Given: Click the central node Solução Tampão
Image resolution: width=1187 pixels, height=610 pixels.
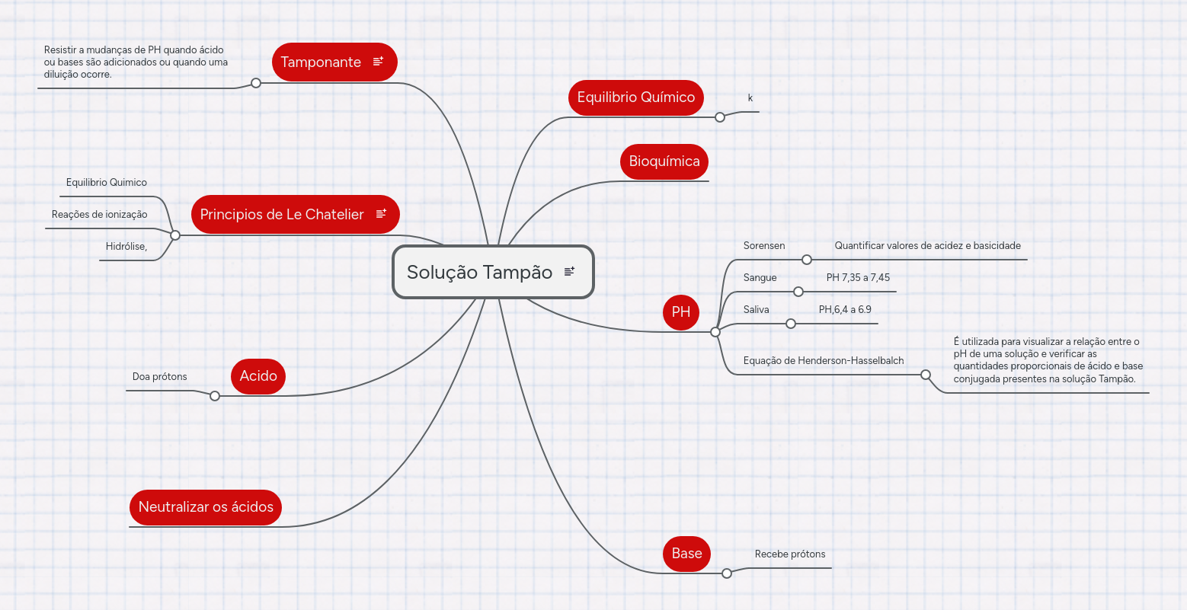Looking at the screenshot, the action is [493, 272].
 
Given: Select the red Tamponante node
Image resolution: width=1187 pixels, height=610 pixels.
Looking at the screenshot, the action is [334, 62].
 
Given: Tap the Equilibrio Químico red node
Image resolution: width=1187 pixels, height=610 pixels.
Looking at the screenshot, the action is [636, 97].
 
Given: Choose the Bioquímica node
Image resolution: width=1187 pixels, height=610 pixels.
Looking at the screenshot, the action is [664, 161].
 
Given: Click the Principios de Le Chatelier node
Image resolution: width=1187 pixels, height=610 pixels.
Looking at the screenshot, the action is [295, 214].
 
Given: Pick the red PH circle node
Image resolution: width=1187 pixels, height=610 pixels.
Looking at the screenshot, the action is [681, 312].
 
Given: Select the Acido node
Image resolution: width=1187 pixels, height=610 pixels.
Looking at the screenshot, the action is [258, 376].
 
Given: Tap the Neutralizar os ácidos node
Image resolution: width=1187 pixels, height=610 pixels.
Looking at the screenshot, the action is [206, 507].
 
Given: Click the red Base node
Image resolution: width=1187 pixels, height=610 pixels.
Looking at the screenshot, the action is [686, 554].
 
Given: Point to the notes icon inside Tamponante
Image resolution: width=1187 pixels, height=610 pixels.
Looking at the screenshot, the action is [378, 62].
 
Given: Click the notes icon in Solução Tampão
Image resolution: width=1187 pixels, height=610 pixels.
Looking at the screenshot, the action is [569, 271].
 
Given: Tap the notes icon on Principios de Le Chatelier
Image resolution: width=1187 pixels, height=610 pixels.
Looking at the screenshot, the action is [381, 213].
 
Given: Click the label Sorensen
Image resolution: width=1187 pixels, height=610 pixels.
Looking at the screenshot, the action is [764, 246].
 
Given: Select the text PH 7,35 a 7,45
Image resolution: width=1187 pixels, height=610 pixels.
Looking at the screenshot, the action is [858, 277].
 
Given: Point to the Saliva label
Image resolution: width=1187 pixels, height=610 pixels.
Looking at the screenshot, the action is [757, 310].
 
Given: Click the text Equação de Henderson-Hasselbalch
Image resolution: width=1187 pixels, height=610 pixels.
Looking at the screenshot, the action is [824, 361].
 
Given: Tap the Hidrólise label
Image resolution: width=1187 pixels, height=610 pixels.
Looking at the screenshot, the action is [126, 246].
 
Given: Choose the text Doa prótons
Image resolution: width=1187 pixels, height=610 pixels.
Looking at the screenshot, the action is [159, 376].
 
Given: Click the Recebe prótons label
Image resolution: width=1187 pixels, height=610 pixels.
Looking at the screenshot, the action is [790, 554].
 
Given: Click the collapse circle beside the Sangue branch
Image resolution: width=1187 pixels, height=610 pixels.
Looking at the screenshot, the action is [798, 292].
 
